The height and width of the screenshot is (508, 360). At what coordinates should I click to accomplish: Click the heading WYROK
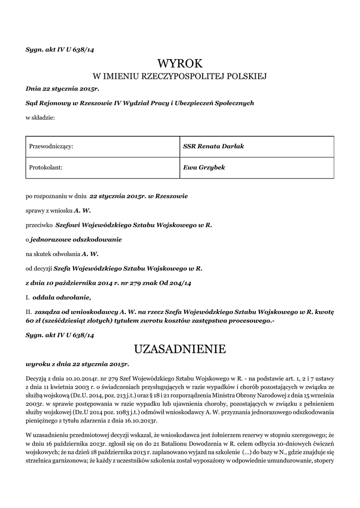click(x=180, y=63)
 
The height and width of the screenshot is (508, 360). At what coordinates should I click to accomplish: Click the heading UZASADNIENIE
click(x=180, y=349)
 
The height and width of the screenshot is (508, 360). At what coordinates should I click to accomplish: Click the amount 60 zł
click(x=33, y=321)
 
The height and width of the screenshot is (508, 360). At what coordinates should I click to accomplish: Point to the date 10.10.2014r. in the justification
click(x=73, y=378)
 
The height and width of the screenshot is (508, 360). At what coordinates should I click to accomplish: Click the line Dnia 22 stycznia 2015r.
click(x=63, y=88)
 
